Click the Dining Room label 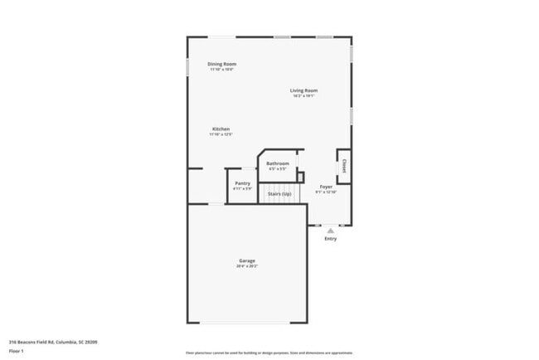[221, 64]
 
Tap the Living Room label [303, 90]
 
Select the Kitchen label [221, 129]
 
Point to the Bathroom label [278, 163]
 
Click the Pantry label [242, 183]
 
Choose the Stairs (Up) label [279, 193]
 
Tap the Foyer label [326, 187]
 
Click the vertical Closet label [342, 166]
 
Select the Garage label [247, 260]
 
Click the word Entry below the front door [330, 239]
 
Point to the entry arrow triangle [330, 229]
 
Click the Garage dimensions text [247, 266]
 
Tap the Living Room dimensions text [303, 96]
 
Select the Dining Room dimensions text [221, 70]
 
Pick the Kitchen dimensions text [221, 134]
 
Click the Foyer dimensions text [326, 192]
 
